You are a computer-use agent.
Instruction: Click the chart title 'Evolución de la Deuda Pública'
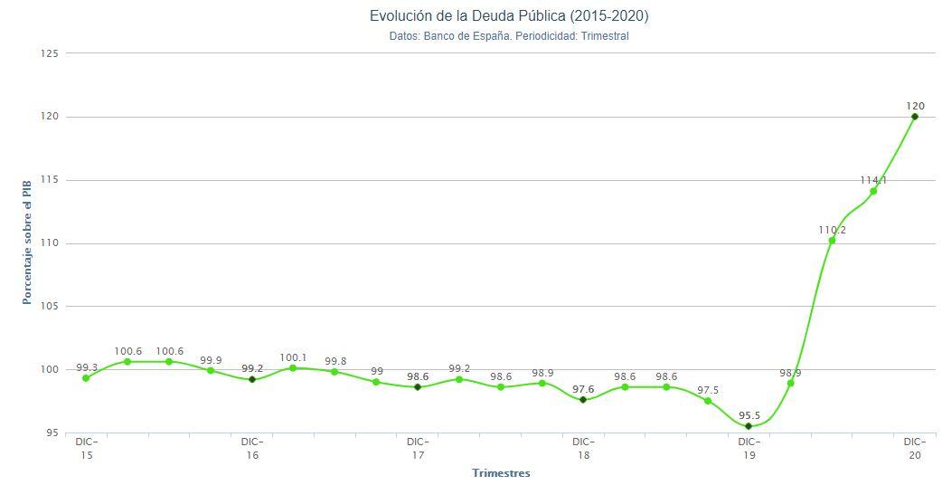(x=509, y=16)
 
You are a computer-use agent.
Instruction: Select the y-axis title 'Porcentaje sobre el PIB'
(x=27, y=242)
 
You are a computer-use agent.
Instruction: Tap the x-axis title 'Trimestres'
(x=501, y=473)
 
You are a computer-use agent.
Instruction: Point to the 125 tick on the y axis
(x=50, y=53)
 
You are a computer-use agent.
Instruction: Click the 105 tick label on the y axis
(x=50, y=307)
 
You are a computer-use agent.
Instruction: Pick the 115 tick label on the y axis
(x=50, y=180)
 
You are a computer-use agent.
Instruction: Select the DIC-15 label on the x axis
(x=87, y=449)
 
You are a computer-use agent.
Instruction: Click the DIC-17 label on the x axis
(x=418, y=449)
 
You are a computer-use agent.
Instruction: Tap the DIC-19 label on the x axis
(x=749, y=449)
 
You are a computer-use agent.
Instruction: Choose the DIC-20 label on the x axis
(x=915, y=449)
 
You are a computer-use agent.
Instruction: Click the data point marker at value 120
(x=915, y=117)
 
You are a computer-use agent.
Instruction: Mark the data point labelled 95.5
(x=749, y=426)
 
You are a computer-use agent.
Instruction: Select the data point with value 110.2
(x=832, y=241)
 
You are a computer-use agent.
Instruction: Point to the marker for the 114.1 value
(x=873, y=191)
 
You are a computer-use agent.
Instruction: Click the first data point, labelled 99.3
(x=86, y=378)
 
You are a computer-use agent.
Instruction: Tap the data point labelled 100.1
(x=293, y=368)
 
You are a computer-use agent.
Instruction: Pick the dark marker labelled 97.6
(x=583, y=400)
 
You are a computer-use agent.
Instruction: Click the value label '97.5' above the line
(x=708, y=390)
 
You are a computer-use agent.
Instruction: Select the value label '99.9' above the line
(x=211, y=360)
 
